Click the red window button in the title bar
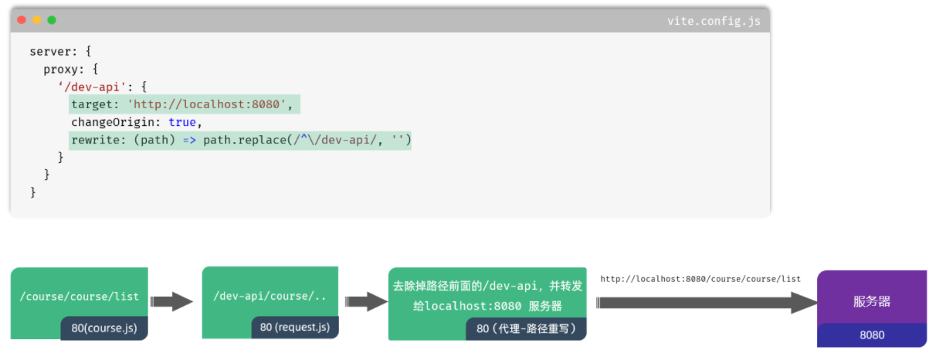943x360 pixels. tap(22, 20)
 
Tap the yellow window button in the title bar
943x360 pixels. tap(36, 20)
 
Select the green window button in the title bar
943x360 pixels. tap(52, 20)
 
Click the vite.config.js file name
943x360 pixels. tap(714, 21)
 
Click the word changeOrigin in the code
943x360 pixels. tap(116, 122)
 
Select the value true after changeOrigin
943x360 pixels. tap(182, 122)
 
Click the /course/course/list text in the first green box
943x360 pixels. tap(80, 296)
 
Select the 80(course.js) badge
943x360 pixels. tap(104, 328)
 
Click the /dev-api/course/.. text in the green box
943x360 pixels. tap(270, 296)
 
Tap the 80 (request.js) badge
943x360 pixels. tap(295, 328)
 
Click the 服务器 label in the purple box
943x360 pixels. tap(872, 301)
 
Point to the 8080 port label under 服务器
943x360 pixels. tap(872, 335)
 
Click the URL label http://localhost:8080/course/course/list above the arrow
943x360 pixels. tap(700, 279)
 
